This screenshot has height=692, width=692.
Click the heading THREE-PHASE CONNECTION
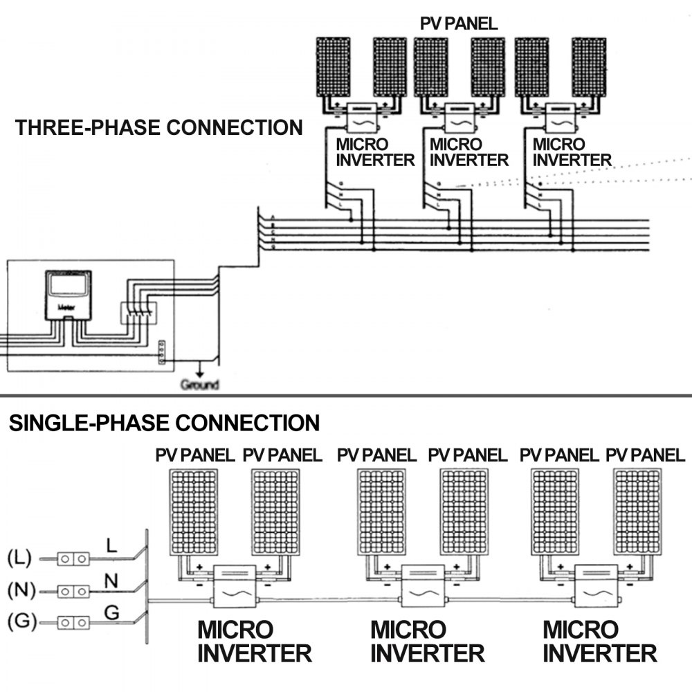tap(159, 128)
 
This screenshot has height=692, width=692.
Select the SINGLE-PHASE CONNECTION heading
tap(164, 423)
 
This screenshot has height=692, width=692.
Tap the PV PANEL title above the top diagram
tap(459, 23)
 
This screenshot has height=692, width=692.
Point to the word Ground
tap(199, 385)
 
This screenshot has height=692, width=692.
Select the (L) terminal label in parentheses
tap(19, 557)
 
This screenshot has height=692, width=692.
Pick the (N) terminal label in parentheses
tap(19, 590)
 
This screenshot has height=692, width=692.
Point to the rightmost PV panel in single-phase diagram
tap(637, 512)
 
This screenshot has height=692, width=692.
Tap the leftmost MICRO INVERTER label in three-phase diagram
tap(374, 153)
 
